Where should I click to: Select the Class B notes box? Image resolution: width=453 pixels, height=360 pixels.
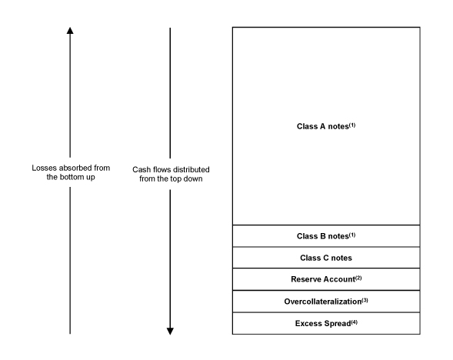coord(326,235)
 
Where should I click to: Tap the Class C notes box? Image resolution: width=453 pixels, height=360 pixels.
coord(326,258)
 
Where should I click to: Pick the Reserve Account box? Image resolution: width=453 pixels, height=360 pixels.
coord(326,279)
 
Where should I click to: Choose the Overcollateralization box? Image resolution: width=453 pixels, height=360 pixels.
coord(326,302)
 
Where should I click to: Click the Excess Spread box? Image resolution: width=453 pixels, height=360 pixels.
coord(326,323)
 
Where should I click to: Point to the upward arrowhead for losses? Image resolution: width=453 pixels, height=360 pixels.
coord(70,30)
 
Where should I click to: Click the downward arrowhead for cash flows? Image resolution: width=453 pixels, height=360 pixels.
coord(170,332)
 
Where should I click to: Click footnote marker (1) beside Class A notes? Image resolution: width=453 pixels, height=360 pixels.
coord(352,125)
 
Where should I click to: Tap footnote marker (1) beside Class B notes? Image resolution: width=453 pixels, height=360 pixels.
coord(352,235)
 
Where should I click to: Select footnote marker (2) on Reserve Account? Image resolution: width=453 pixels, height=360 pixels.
coord(358,278)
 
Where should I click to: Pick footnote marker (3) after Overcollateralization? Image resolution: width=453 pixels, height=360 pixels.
coord(365,300)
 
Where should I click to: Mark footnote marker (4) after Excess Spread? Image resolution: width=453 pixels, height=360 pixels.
coord(355,322)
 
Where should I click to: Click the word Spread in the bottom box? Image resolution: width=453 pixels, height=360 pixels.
coord(338,324)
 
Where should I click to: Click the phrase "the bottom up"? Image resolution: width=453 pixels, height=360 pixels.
coord(71,177)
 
